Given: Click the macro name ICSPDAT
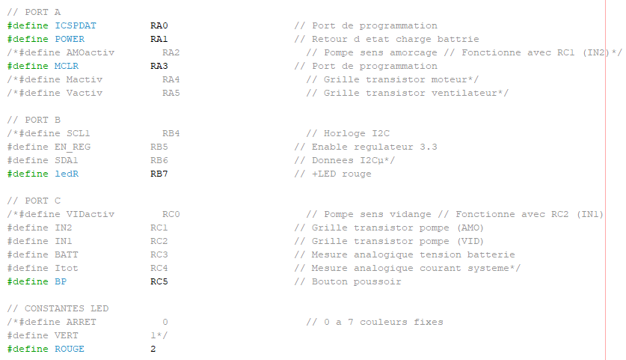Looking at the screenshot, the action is point(76,25).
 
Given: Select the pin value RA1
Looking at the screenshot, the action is point(159,39).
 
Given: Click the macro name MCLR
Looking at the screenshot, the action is point(67,66).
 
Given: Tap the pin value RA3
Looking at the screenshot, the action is point(159,66).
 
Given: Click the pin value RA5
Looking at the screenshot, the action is point(171,93).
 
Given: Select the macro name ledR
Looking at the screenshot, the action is point(67,174).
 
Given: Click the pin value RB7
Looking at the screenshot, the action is point(159,174).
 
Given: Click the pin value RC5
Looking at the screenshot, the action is point(159,281).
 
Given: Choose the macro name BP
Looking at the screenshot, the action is point(61,281).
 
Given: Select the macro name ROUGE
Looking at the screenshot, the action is point(70,349).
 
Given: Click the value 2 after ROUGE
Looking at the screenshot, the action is point(153,349).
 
